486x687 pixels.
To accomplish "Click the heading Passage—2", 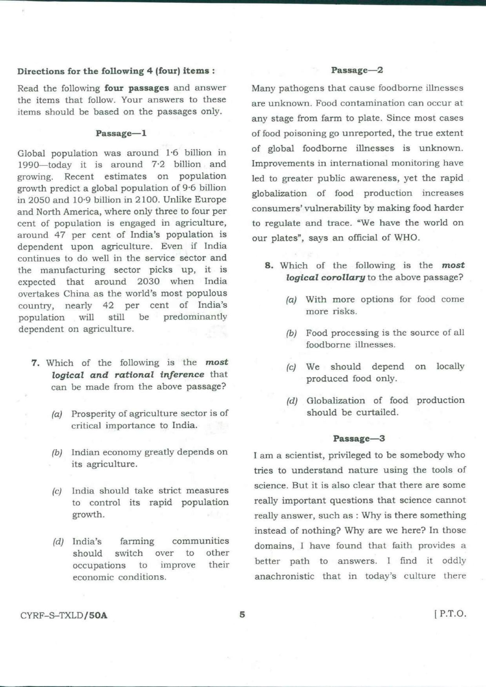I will click(357, 70).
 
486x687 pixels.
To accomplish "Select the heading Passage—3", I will click(359, 438).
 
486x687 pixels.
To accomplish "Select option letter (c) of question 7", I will click(57, 491).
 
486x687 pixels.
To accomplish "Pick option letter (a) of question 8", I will click(291, 300).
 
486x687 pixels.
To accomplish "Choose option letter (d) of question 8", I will click(292, 401).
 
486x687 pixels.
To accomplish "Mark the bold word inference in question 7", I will click(182, 374).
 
